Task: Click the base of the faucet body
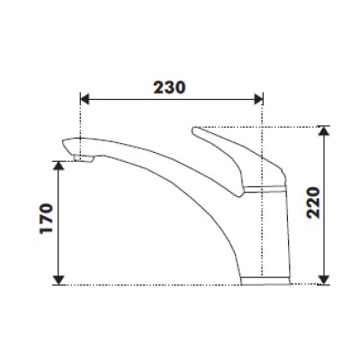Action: [x=266, y=280]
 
